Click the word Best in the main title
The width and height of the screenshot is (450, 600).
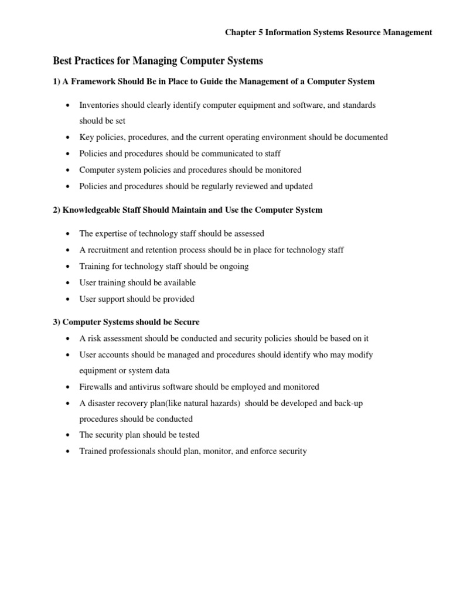click(63, 60)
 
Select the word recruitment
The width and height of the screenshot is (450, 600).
click(110, 250)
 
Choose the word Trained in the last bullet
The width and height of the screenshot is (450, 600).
click(94, 451)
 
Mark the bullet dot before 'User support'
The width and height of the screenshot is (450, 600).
click(68, 299)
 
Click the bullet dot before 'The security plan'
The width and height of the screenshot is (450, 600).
click(68, 435)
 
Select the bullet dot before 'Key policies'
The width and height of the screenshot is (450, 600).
click(68, 137)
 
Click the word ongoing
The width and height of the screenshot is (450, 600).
click(234, 266)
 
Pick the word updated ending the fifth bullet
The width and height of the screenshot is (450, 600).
click(298, 186)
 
